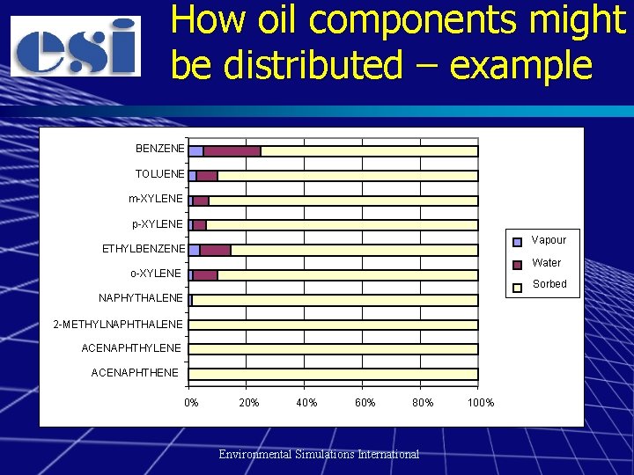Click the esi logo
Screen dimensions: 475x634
76,46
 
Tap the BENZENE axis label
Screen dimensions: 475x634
159,149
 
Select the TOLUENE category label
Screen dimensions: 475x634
159,174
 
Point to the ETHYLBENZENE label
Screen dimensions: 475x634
144,249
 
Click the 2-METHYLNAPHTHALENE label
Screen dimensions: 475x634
118,325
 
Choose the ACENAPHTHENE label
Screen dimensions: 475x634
135,373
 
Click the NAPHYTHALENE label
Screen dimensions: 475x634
140,298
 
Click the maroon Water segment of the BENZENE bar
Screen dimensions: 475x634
232,151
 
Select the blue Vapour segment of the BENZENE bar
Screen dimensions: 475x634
195,151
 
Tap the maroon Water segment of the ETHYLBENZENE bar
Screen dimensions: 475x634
215,250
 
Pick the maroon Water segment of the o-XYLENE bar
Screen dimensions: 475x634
204,275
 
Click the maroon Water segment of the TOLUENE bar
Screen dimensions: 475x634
207,176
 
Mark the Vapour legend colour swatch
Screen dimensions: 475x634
518,241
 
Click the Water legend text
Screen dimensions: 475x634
546,262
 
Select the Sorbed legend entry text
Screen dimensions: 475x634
549,284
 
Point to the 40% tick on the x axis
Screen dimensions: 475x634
306,403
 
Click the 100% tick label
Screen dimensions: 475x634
480,403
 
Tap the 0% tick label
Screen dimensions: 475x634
191,403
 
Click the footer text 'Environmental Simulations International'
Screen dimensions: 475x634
319,455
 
